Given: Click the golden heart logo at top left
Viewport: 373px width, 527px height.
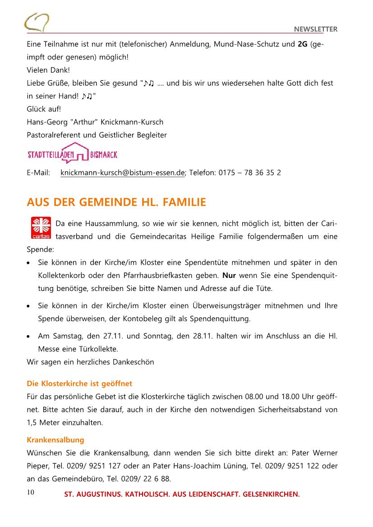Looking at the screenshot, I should point(37,22).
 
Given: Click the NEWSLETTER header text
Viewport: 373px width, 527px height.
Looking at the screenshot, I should point(316,29).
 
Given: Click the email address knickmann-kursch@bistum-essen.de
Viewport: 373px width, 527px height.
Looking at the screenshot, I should point(123,173).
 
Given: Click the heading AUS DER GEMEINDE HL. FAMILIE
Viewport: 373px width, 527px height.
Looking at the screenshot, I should point(116,202).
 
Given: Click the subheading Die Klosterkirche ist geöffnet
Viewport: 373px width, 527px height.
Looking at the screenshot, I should point(79,383).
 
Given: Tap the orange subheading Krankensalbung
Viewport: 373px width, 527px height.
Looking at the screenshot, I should point(55,440).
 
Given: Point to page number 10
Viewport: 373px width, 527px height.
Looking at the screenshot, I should point(31,492).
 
